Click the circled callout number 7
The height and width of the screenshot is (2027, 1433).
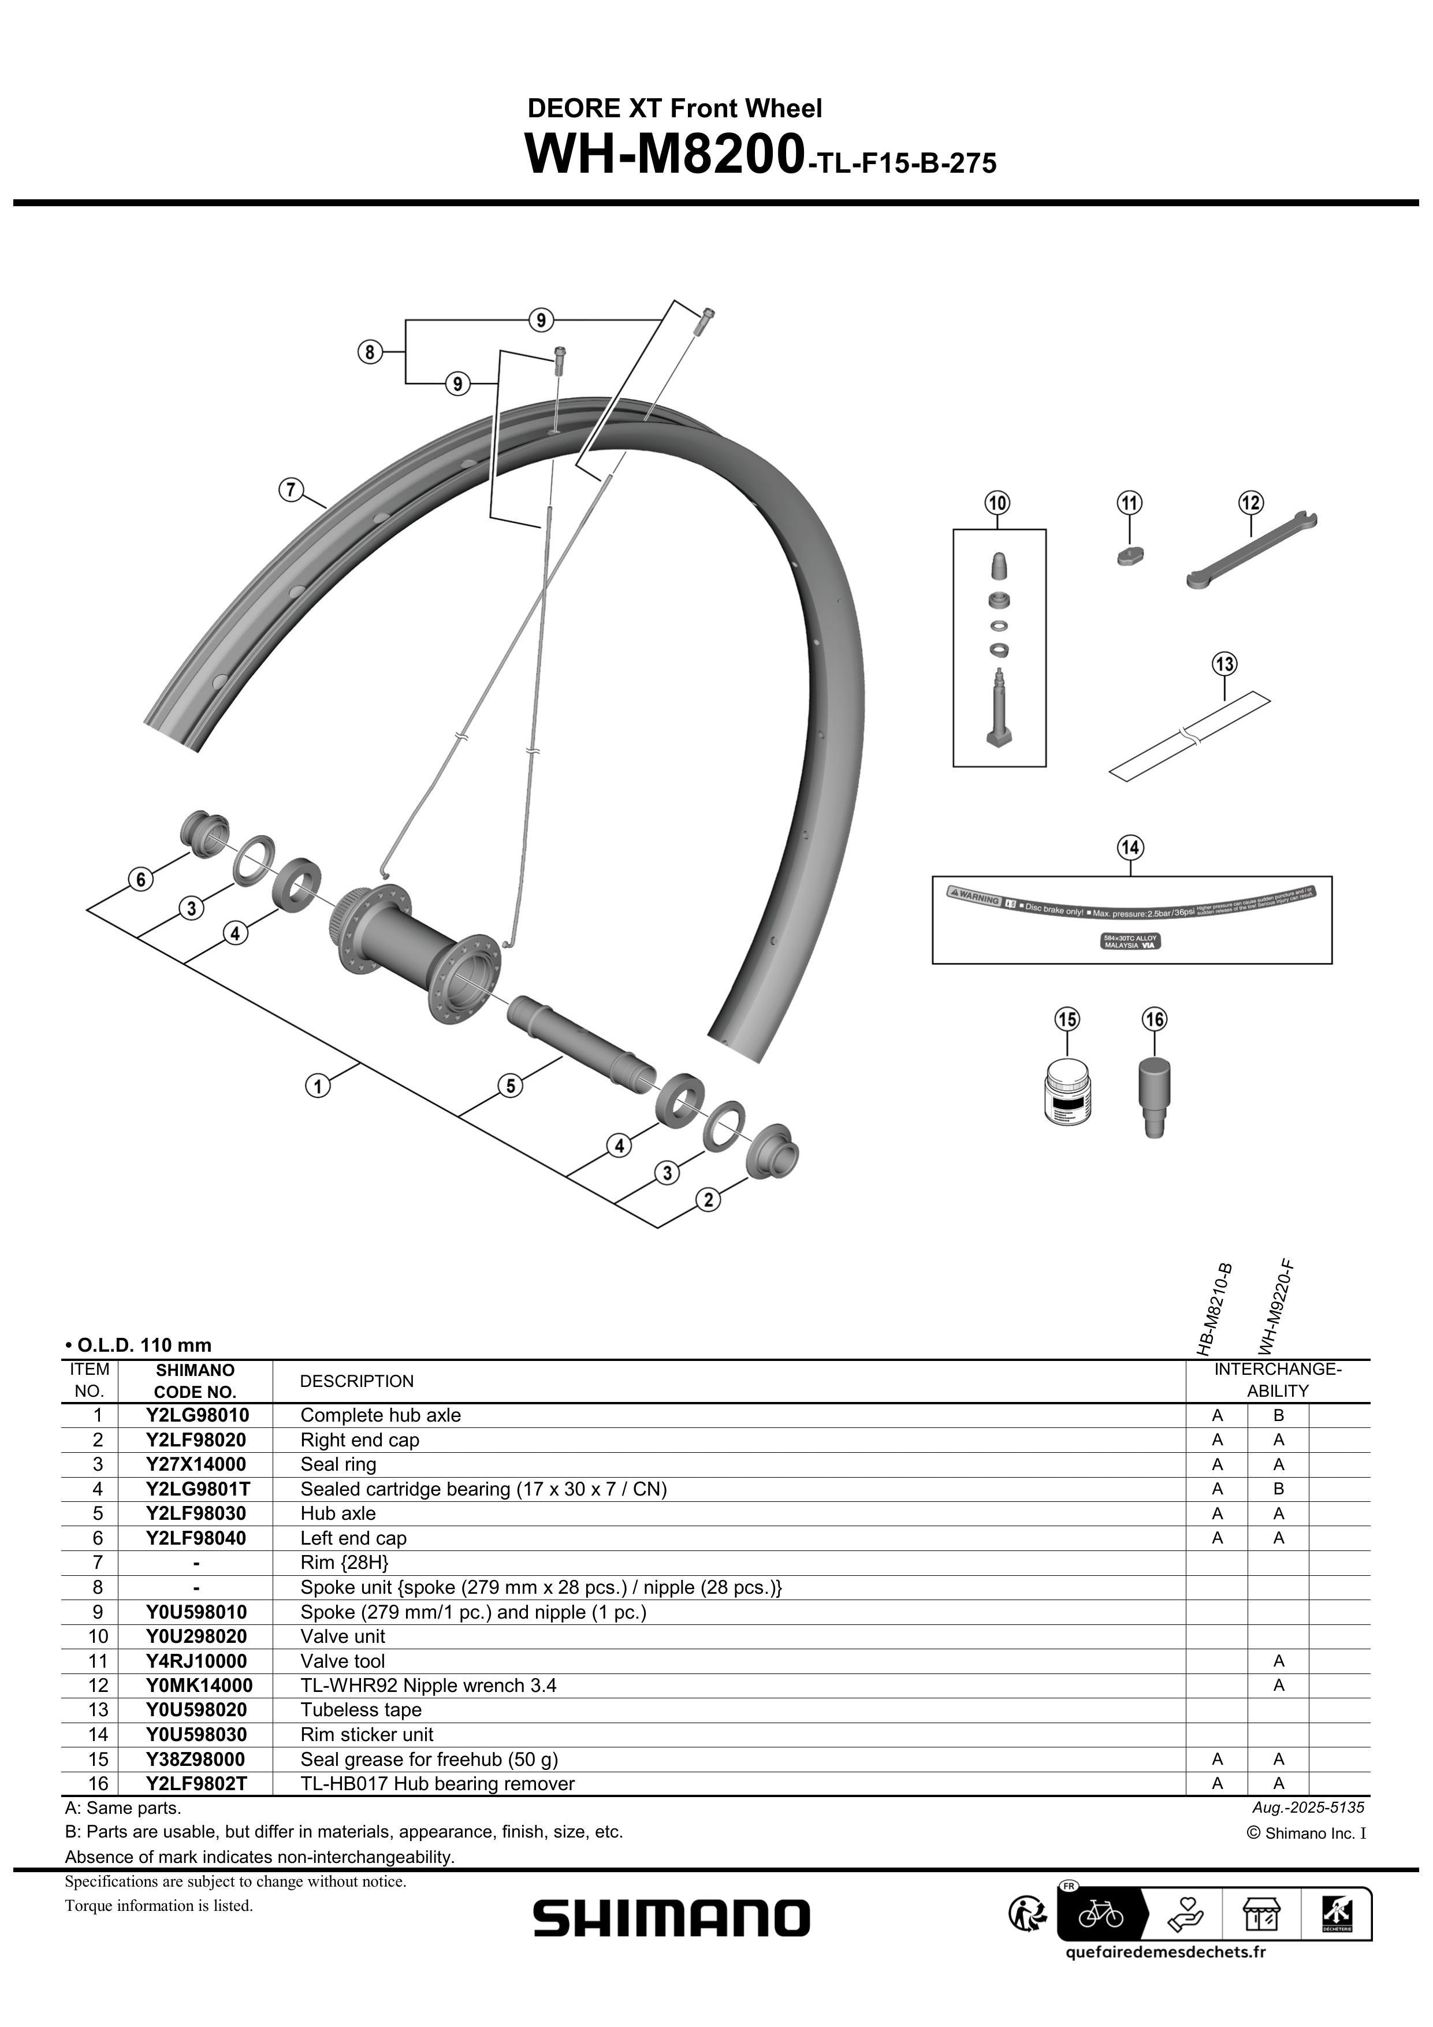291,489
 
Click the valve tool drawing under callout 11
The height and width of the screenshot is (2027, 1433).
1129,556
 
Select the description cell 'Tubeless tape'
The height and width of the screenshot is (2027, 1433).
360,1710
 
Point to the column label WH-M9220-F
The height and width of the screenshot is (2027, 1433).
1276,1307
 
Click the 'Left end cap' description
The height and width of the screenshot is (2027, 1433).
353,1538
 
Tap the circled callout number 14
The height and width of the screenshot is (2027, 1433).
1130,847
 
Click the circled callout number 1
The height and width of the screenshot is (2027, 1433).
318,1085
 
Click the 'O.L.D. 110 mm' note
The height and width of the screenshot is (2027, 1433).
139,1345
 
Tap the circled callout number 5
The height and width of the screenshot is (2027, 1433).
511,1085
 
